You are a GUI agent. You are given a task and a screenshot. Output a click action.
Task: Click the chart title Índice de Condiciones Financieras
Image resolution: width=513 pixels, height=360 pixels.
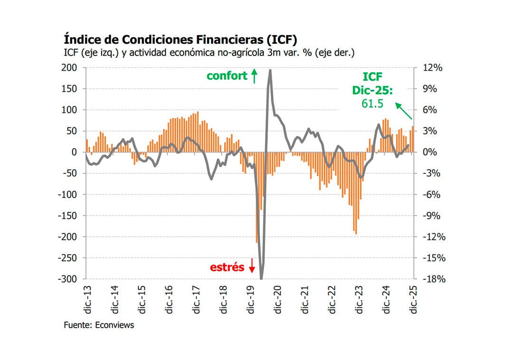point(180,38)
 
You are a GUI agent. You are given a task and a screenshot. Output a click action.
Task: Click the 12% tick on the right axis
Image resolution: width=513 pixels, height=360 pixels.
point(433,68)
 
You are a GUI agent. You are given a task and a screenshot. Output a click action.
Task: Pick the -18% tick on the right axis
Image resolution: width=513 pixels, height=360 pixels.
point(433,279)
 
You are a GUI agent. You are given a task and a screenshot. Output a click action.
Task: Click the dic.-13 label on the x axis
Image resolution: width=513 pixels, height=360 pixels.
point(87,300)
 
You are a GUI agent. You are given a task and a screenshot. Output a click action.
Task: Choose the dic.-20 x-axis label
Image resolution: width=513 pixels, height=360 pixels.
point(277,300)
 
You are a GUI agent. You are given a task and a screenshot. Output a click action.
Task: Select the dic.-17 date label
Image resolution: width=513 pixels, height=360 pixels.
point(196,300)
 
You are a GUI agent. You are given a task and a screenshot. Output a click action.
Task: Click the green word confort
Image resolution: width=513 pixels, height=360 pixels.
point(227,76)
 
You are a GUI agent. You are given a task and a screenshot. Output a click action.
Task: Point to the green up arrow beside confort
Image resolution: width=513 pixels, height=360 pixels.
point(254,76)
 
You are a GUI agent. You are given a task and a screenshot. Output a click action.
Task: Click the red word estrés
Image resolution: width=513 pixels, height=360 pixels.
point(227,267)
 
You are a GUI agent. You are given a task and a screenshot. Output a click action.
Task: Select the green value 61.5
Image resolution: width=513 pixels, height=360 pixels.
point(372,104)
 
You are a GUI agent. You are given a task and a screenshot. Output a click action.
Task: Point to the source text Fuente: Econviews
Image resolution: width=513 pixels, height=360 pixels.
point(99,325)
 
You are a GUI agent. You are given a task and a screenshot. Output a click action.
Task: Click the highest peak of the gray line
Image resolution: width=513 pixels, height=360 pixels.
point(270,70)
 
